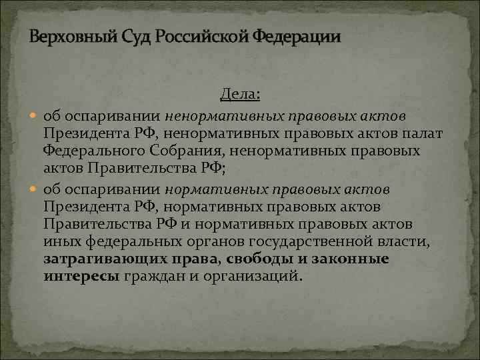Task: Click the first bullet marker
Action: (35, 117)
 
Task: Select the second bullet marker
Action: (35, 189)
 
